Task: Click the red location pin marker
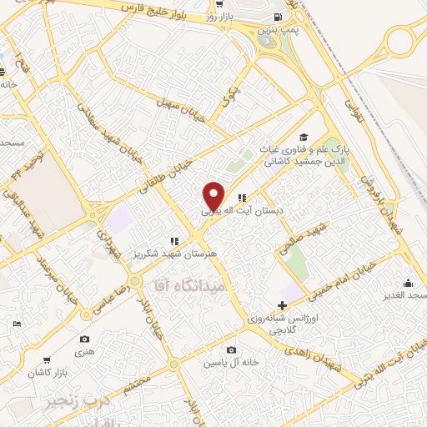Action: [214, 196]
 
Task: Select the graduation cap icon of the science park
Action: [304, 136]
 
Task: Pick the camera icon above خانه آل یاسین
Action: [231, 349]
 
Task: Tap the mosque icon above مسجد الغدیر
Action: [408, 284]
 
